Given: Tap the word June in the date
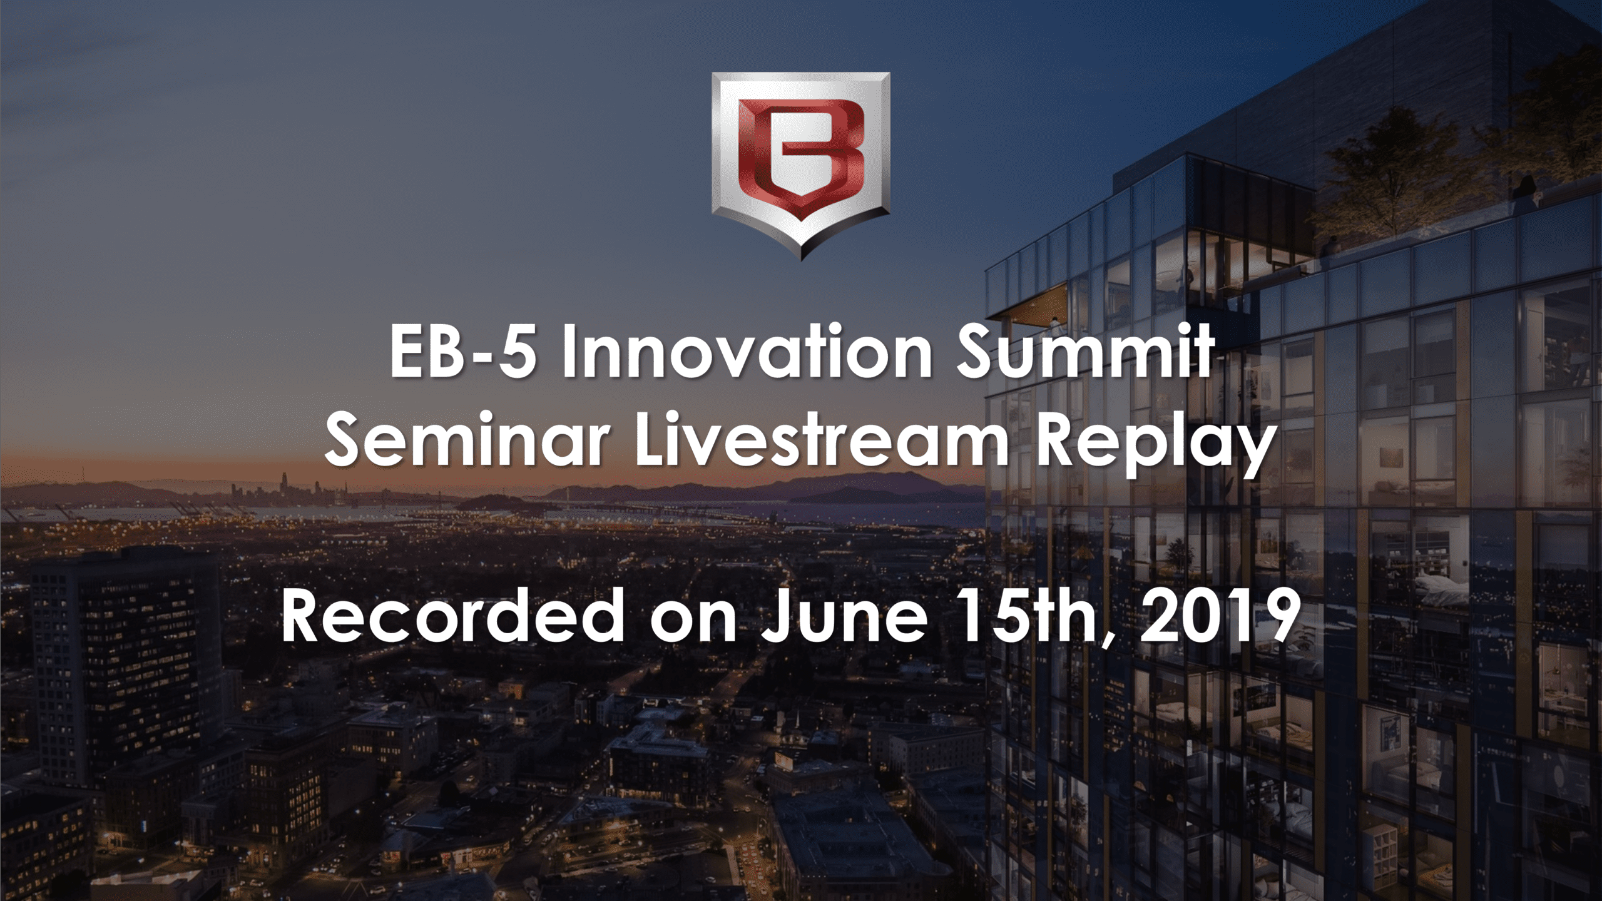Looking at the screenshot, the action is pos(844,617).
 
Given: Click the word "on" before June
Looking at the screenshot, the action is pos(693,623).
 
